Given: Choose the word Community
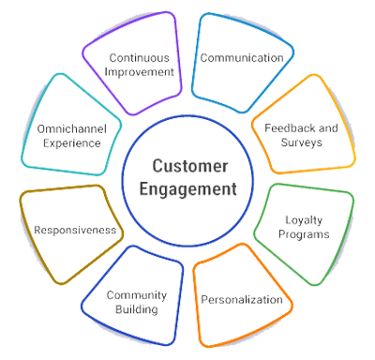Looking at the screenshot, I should click(x=136, y=294).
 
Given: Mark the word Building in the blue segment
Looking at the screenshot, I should click(x=137, y=308).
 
